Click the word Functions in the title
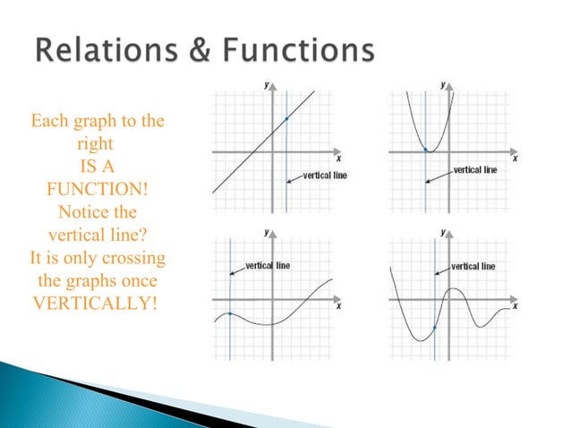302,52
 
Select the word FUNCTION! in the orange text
98,190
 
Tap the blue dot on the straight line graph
286,119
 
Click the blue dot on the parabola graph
425,149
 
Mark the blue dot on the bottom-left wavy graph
230,313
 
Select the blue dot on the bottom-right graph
435,328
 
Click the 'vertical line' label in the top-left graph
325,175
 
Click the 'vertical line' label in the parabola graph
474,169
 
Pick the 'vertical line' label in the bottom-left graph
267,266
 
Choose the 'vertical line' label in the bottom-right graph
473,266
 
